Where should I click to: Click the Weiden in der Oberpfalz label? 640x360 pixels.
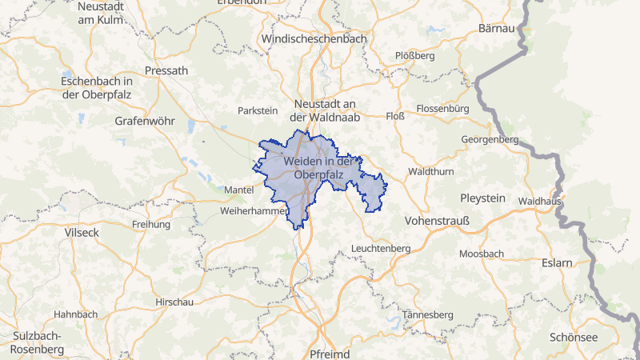click(318, 168)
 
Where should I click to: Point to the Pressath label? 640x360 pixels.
click(166, 70)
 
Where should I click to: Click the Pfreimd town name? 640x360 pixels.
click(331, 353)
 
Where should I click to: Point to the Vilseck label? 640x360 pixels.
click(82, 231)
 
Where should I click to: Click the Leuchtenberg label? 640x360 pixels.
click(381, 249)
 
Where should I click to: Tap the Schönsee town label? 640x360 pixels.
click(574, 338)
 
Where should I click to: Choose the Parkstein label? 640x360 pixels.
click(257, 110)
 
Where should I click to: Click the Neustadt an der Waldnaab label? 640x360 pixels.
click(325, 110)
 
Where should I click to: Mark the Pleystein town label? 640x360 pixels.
click(483, 198)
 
